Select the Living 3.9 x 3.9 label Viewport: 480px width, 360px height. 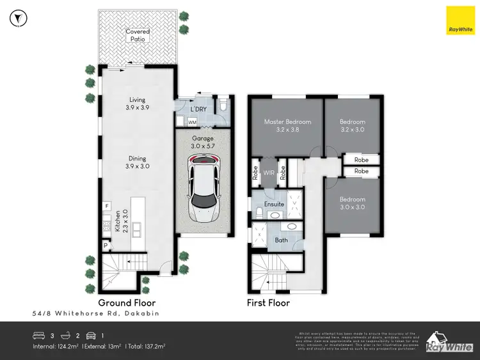pos(137,104)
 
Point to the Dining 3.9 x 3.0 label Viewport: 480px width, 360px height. pos(137,162)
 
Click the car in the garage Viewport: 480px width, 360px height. pos(204,182)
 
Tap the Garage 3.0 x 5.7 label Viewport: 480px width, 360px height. pos(204,142)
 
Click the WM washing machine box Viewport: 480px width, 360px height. pos(191,121)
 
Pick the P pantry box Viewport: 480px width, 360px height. pos(105,244)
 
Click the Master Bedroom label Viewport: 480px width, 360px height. pos(287,125)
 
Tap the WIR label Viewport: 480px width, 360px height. pos(268,172)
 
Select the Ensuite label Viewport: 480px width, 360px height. pos(275,204)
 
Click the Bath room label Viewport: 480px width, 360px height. pos(281,240)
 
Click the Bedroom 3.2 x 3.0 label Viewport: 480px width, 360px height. pos(352,125)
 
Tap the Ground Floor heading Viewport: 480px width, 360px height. pos(126,302)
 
